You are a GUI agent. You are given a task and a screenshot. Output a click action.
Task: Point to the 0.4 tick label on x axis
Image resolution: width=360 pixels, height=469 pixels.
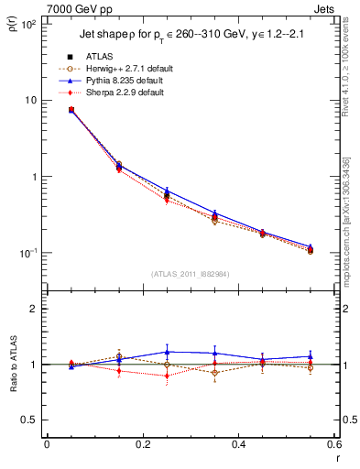[x=239, y=445]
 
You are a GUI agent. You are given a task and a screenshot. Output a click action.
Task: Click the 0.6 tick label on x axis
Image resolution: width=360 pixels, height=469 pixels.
[x=334, y=445]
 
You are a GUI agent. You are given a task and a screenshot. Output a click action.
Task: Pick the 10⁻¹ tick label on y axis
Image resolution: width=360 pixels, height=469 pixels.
[x=27, y=253]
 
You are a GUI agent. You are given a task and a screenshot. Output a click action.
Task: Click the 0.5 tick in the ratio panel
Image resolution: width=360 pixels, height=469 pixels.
[x=29, y=420]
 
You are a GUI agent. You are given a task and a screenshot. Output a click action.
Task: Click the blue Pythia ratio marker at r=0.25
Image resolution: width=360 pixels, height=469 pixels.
[x=167, y=352]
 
